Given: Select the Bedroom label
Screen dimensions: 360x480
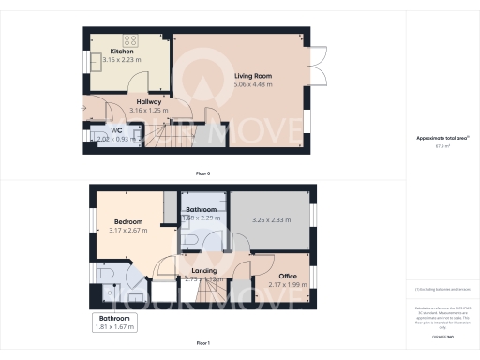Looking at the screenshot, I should [x=123, y=221].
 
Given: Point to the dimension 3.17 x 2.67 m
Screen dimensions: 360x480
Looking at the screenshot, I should [x=123, y=231].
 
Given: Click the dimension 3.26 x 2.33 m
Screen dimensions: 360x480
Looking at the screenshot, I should [x=271, y=221].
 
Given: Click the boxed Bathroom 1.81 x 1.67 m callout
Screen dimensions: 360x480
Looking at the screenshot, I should [x=117, y=322].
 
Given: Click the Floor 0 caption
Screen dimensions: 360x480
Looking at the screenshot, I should [x=202, y=174].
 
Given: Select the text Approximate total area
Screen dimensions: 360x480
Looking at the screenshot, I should [x=442, y=138].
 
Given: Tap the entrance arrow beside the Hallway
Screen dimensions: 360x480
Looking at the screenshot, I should [x=83, y=110].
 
